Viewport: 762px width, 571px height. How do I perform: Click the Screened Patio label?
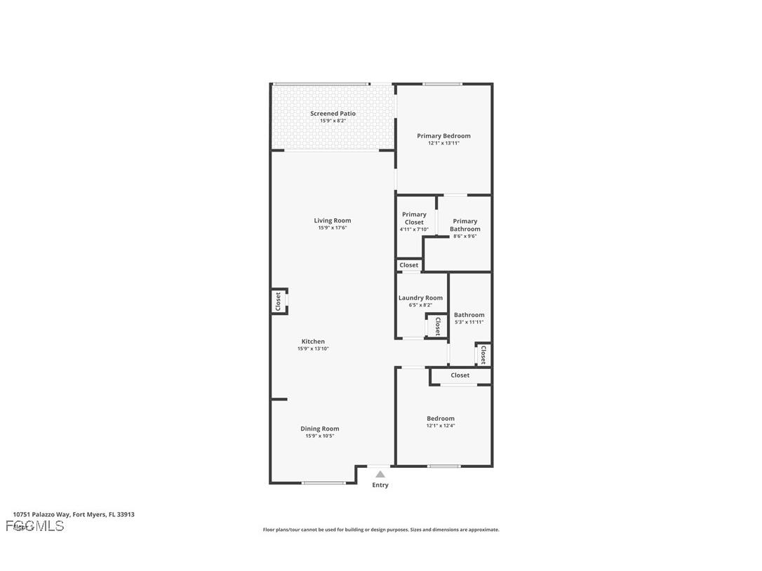[333, 114]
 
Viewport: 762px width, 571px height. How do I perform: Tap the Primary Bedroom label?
[443, 136]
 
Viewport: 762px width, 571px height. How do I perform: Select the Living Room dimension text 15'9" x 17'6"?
[333, 228]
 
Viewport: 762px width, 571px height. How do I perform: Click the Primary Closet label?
[414, 218]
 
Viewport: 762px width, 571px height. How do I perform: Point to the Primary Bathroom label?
[464, 225]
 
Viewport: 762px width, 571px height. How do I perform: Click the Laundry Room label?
[420, 298]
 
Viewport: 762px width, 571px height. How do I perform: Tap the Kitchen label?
[313, 342]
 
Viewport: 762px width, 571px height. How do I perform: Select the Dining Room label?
[320, 429]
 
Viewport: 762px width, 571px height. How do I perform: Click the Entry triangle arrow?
[380, 475]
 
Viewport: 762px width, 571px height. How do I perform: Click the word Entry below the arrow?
[380, 485]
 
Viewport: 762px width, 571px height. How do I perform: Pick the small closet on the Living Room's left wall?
[279, 302]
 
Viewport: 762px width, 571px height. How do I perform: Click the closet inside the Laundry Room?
[437, 325]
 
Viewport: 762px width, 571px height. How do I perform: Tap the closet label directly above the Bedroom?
[460, 375]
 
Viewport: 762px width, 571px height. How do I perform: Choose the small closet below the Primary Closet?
[408, 265]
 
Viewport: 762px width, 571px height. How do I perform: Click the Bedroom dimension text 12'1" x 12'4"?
[441, 426]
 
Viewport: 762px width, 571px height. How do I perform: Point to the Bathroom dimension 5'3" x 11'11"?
[469, 323]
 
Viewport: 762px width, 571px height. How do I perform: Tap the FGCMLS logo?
[35, 526]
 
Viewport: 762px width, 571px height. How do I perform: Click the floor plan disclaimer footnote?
[381, 530]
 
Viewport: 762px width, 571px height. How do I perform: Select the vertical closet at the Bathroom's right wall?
[483, 354]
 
